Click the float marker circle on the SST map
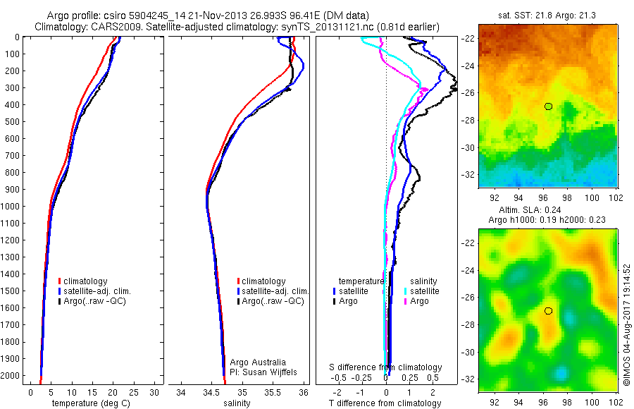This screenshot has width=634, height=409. point(548,106)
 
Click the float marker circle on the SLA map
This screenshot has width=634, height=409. point(548,311)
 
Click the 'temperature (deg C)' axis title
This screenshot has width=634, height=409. point(89,403)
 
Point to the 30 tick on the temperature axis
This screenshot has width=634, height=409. point(154,392)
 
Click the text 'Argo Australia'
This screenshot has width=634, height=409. point(258,362)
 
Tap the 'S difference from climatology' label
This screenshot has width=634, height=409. point(386,367)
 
